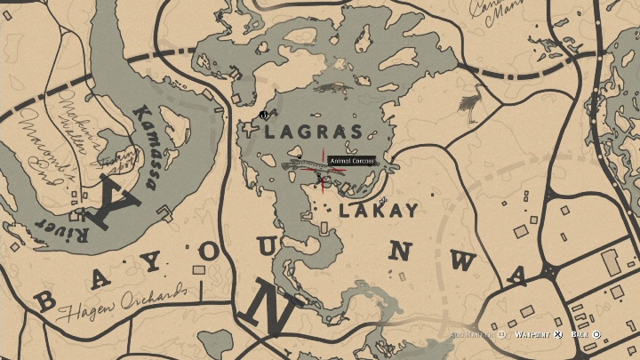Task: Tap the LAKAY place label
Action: pos(377,211)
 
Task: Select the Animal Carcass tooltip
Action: pos(351,161)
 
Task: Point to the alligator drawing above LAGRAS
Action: pos(335,88)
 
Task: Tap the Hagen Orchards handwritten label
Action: pos(122,303)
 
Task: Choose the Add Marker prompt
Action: pos(475,334)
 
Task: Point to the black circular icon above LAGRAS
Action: pos(263,114)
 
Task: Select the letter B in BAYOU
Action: pos(45,300)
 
